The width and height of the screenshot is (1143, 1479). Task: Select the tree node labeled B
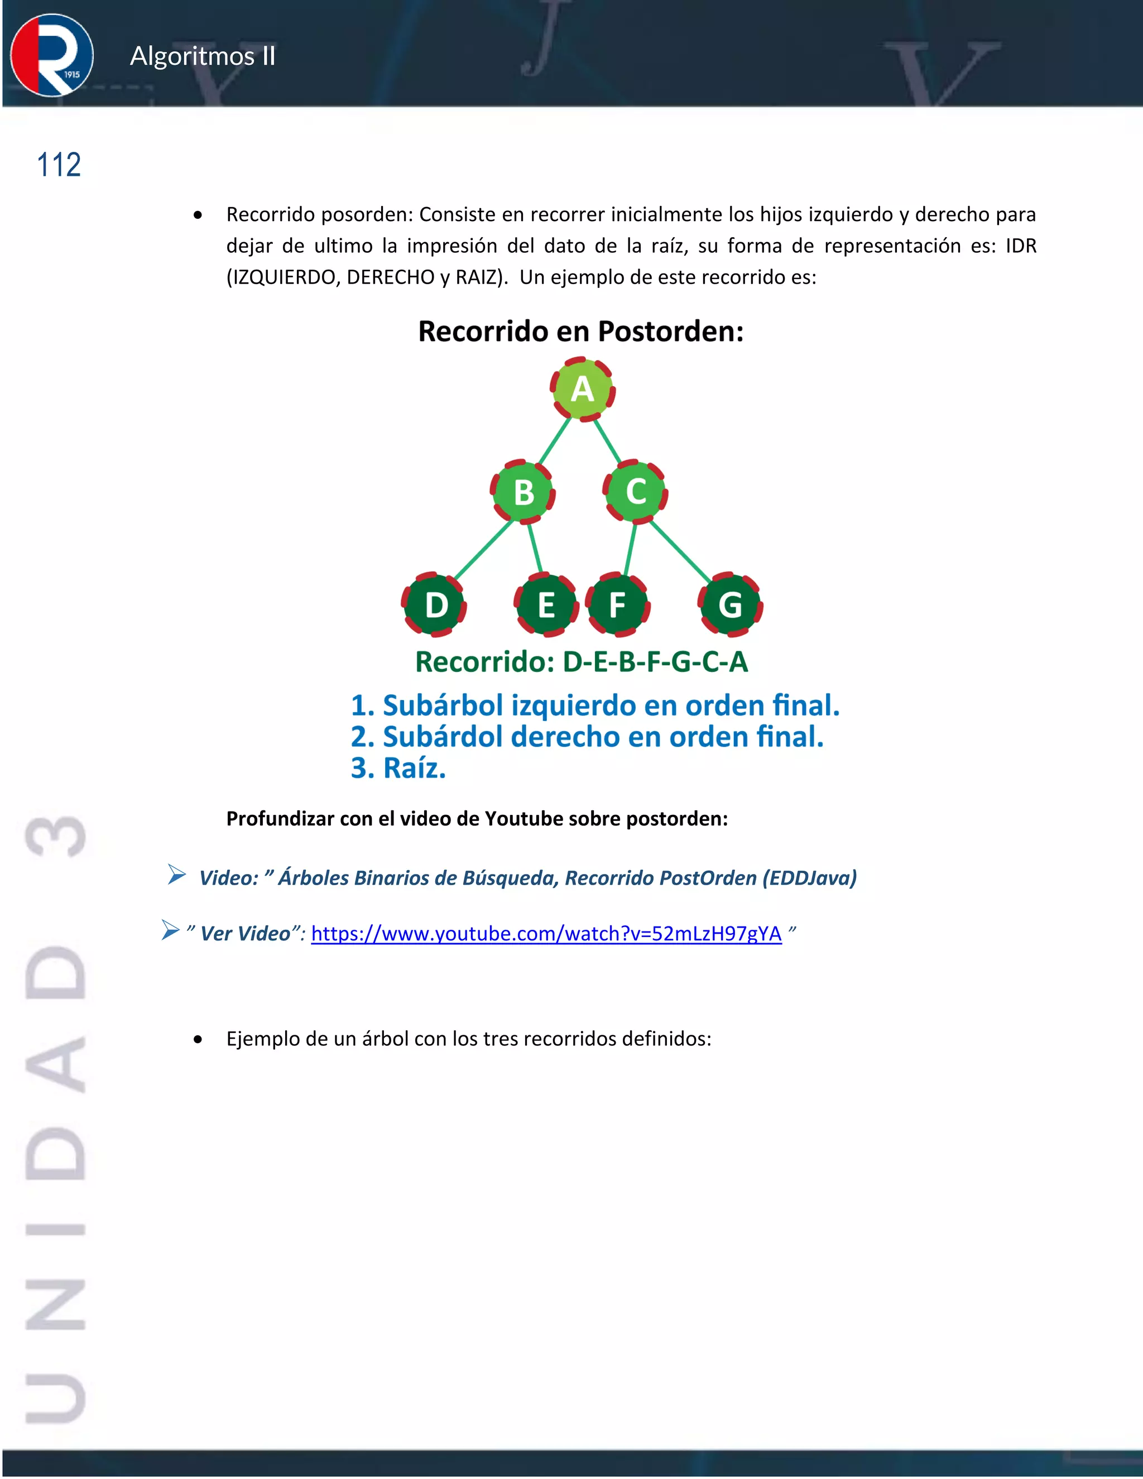[523, 492]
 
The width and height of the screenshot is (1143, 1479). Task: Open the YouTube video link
[546, 933]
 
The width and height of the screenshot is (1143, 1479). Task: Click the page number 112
[59, 165]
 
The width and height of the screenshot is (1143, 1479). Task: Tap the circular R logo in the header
[51, 55]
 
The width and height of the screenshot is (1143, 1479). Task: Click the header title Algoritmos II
[203, 56]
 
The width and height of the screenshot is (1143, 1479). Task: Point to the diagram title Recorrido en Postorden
[581, 331]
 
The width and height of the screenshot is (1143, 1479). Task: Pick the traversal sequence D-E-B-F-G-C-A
[655, 661]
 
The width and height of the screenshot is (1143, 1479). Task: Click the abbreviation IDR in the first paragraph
[1020, 245]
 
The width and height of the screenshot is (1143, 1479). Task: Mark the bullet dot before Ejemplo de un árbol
[198, 1040]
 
